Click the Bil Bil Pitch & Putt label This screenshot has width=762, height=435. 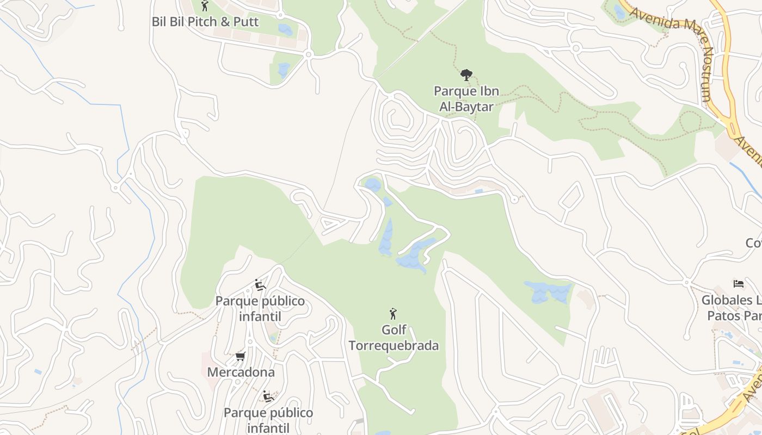pyautogui.click(x=205, y=22)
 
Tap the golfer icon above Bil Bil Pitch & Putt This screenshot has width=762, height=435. pyautogui.click(x=205, y=6)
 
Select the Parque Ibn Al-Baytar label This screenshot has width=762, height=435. pyautogui.click(x=466, y=98)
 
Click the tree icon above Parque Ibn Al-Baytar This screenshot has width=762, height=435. pyautogui.click(x=466, y=75)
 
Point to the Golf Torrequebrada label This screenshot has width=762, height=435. pyautogui.click(x=394, y=338)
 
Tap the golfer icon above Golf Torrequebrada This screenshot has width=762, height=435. pyautogui.click(x=393, y=314)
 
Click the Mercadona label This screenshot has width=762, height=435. pyautogui.click(x=241, y=372)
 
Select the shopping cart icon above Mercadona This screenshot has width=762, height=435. pyautogui.click(x=240, y=357)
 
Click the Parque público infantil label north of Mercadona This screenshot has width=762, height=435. pyautogui.click(x=260, y=308)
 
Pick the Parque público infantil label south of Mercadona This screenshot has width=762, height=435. pyautogui.click(x=268, y=420)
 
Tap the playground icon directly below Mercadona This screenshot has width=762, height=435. pyautogui.click(x=268, y=396)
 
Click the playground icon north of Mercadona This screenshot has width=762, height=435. pyautogui.click(x=260, y=285)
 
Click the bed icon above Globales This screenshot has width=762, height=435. pyautogui.click(x=739, y=284)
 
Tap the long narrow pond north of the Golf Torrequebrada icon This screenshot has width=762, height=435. pyautogui.click(x=386, y=238)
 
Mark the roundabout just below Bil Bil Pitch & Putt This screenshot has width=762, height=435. pyautogui.click(x=309, y=54)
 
